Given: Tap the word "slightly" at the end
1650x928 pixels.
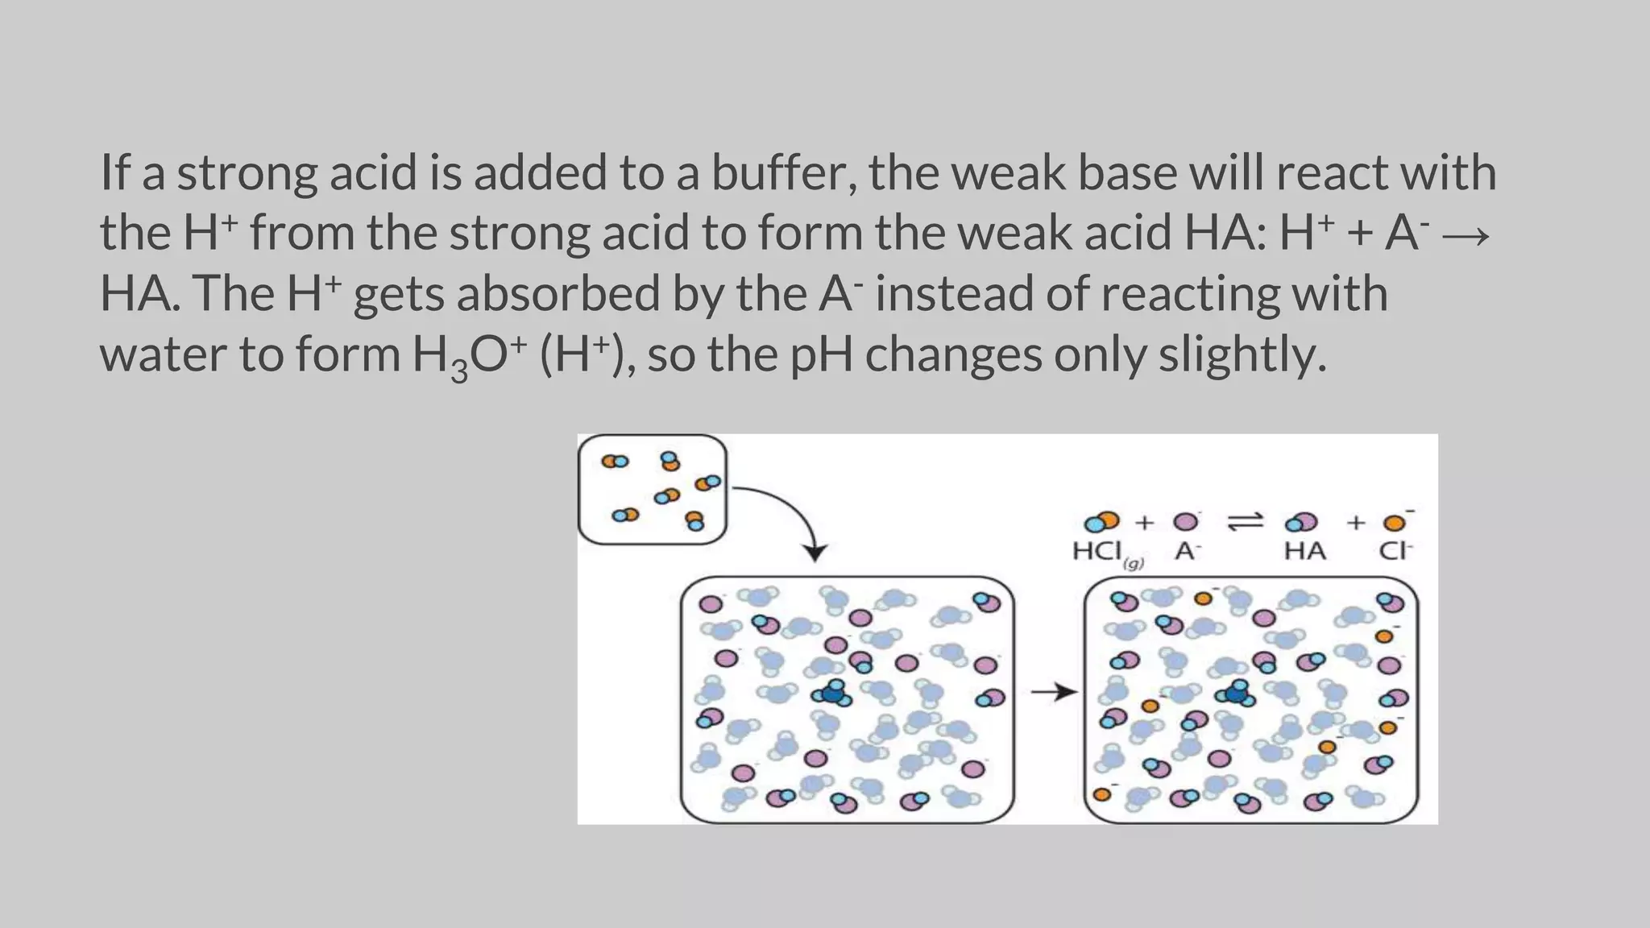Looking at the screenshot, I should pos(1242,354).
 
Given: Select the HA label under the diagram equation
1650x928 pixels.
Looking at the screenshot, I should pos(1304,552).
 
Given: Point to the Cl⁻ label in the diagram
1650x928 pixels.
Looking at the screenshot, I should pos(1395,552).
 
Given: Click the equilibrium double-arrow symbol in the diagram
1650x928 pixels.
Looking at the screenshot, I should pos(1245,522).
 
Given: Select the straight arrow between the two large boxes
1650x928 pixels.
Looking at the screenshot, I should pos(1053,691).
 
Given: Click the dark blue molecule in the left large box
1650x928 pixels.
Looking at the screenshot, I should pos(834,693).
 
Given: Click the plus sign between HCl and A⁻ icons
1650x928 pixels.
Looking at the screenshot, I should pos(1144,523).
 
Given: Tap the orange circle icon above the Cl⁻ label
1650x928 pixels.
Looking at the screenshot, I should pos(1394,524).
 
